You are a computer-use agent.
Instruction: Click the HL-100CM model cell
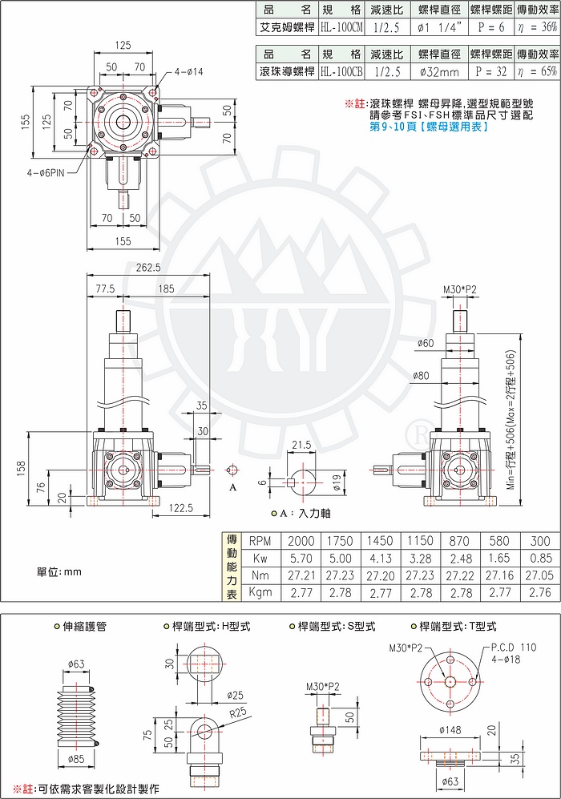[341, 27]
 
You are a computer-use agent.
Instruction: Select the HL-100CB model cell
[341, 70]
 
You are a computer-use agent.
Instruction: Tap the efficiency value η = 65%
[537, 70]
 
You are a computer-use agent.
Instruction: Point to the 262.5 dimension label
[150, 268]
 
